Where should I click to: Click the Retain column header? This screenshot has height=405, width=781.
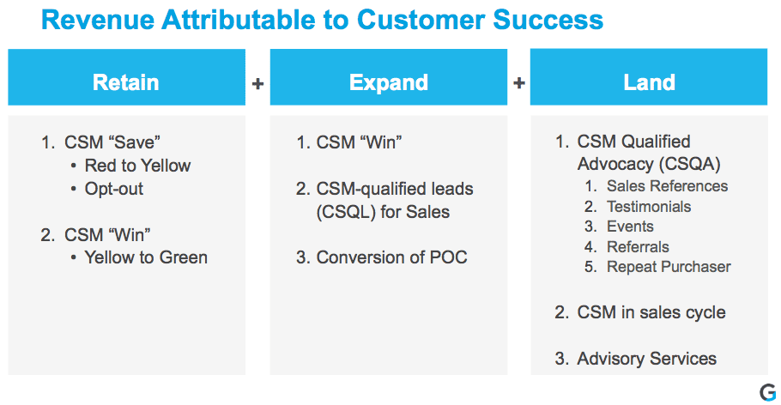point(126,82)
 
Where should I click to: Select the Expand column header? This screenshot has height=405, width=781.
point(388,82)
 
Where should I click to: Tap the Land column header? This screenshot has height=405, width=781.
point(649,82)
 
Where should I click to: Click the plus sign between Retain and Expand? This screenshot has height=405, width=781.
point(257,83)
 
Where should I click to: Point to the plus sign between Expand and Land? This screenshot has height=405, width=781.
point(518,83)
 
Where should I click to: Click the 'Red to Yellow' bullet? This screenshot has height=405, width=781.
point(137,166)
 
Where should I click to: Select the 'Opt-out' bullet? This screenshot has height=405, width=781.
point(114,188)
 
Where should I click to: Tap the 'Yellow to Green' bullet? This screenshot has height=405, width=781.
point(146,257)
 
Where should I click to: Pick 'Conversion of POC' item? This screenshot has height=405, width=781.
point(391,257)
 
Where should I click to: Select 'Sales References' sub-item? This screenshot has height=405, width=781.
point(667,186)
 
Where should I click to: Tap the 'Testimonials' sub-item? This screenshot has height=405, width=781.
point(648,207)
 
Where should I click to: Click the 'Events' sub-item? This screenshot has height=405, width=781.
point(630,227)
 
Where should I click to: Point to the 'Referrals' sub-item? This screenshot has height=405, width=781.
point(638,247)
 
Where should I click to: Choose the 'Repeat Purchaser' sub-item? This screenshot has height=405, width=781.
point(669,267)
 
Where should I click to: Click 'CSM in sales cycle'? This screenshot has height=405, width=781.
point(651,312)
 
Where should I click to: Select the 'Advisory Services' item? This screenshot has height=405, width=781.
point(646,359)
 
